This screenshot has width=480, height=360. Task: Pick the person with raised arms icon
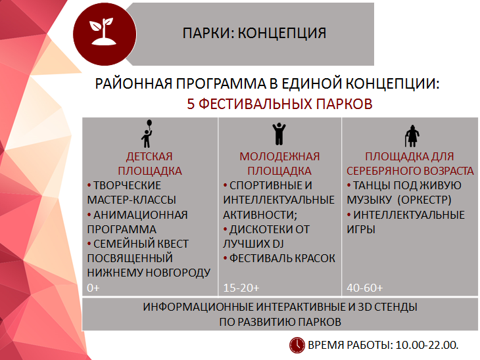[x=279, y=134]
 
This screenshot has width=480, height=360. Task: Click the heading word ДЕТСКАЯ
[x=149, y=156]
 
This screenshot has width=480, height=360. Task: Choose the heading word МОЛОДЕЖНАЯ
[x=279, y=156]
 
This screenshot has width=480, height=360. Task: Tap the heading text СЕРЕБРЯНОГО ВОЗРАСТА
[x=410, y=171]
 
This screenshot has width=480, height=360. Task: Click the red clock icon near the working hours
[x=297, y=344]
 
